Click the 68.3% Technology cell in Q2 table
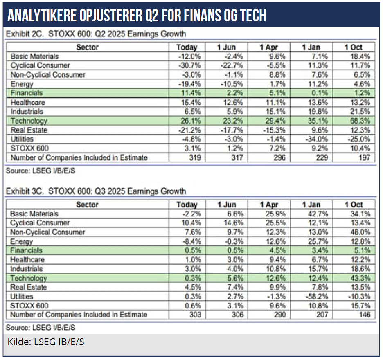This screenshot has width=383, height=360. (x=360, y=121)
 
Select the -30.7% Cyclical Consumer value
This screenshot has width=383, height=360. (x=189, y=65)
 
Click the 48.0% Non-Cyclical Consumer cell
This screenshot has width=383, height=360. (x=360, y=232)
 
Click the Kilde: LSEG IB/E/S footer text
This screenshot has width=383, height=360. (x=46, y=342)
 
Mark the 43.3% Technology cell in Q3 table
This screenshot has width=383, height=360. (x=360, y=278)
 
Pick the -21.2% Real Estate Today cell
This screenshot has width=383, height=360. (x=189, y=130)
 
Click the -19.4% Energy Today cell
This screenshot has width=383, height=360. (x=189, y=84)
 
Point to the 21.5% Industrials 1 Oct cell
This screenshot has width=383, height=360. (x=360, y=112)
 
